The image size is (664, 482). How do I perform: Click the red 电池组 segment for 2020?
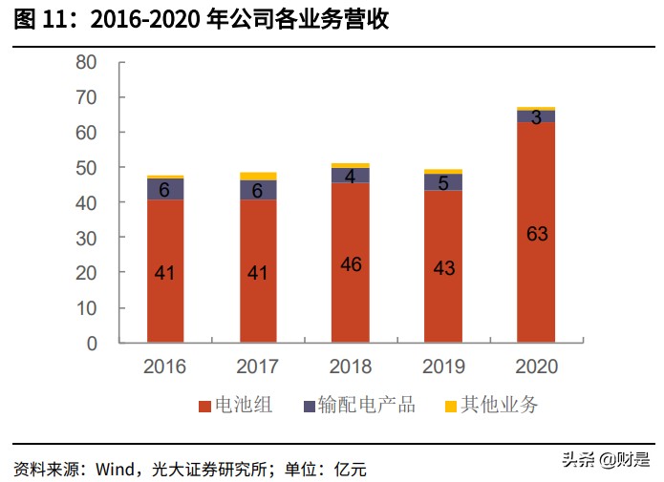pos(537,277)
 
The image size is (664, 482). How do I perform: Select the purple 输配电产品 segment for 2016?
pos(165,189)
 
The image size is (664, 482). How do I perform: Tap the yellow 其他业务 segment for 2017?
pos(258,176)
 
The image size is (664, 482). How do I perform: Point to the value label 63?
pos(537,233)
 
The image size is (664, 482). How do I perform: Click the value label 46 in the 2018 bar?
pos(351,264)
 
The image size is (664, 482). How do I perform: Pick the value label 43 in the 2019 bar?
pos(444,268)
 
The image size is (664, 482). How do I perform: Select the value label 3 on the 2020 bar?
pos(537,117)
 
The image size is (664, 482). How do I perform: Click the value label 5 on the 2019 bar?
pos(444,182)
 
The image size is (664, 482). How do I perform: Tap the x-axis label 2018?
pos(351,367)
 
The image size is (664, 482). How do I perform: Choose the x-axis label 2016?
pos(165,367)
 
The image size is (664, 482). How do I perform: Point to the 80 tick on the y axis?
pos(87,62)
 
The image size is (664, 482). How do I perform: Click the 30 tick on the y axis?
pos(87,238)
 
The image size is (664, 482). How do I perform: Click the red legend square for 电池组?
pos(204,406)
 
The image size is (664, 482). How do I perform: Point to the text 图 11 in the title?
pos(42,20)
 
